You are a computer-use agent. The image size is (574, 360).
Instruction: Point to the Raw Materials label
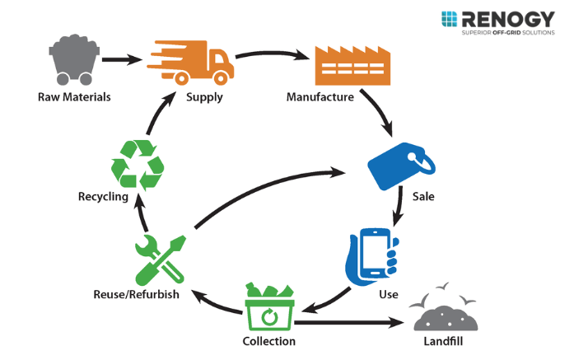(x=74, y=97)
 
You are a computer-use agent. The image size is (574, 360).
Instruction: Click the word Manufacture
(x=320, y=97)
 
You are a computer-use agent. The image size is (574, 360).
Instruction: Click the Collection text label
(x=268, y=340)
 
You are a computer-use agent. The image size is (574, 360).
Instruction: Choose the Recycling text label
(x=103, y=197)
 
